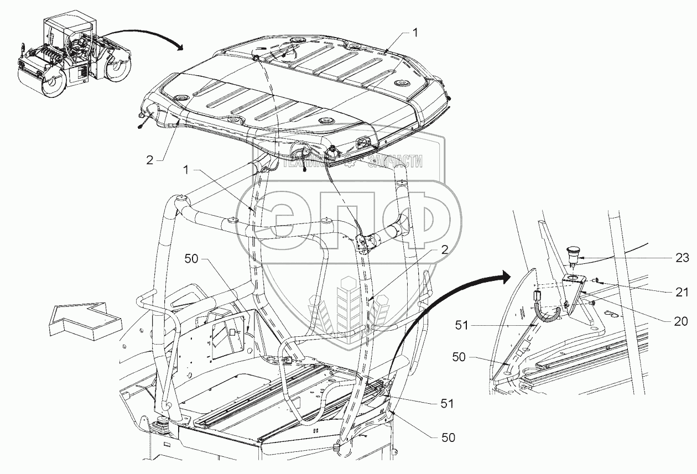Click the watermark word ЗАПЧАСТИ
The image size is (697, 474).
[394, 162]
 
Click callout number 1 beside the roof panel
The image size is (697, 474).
[415, 33]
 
